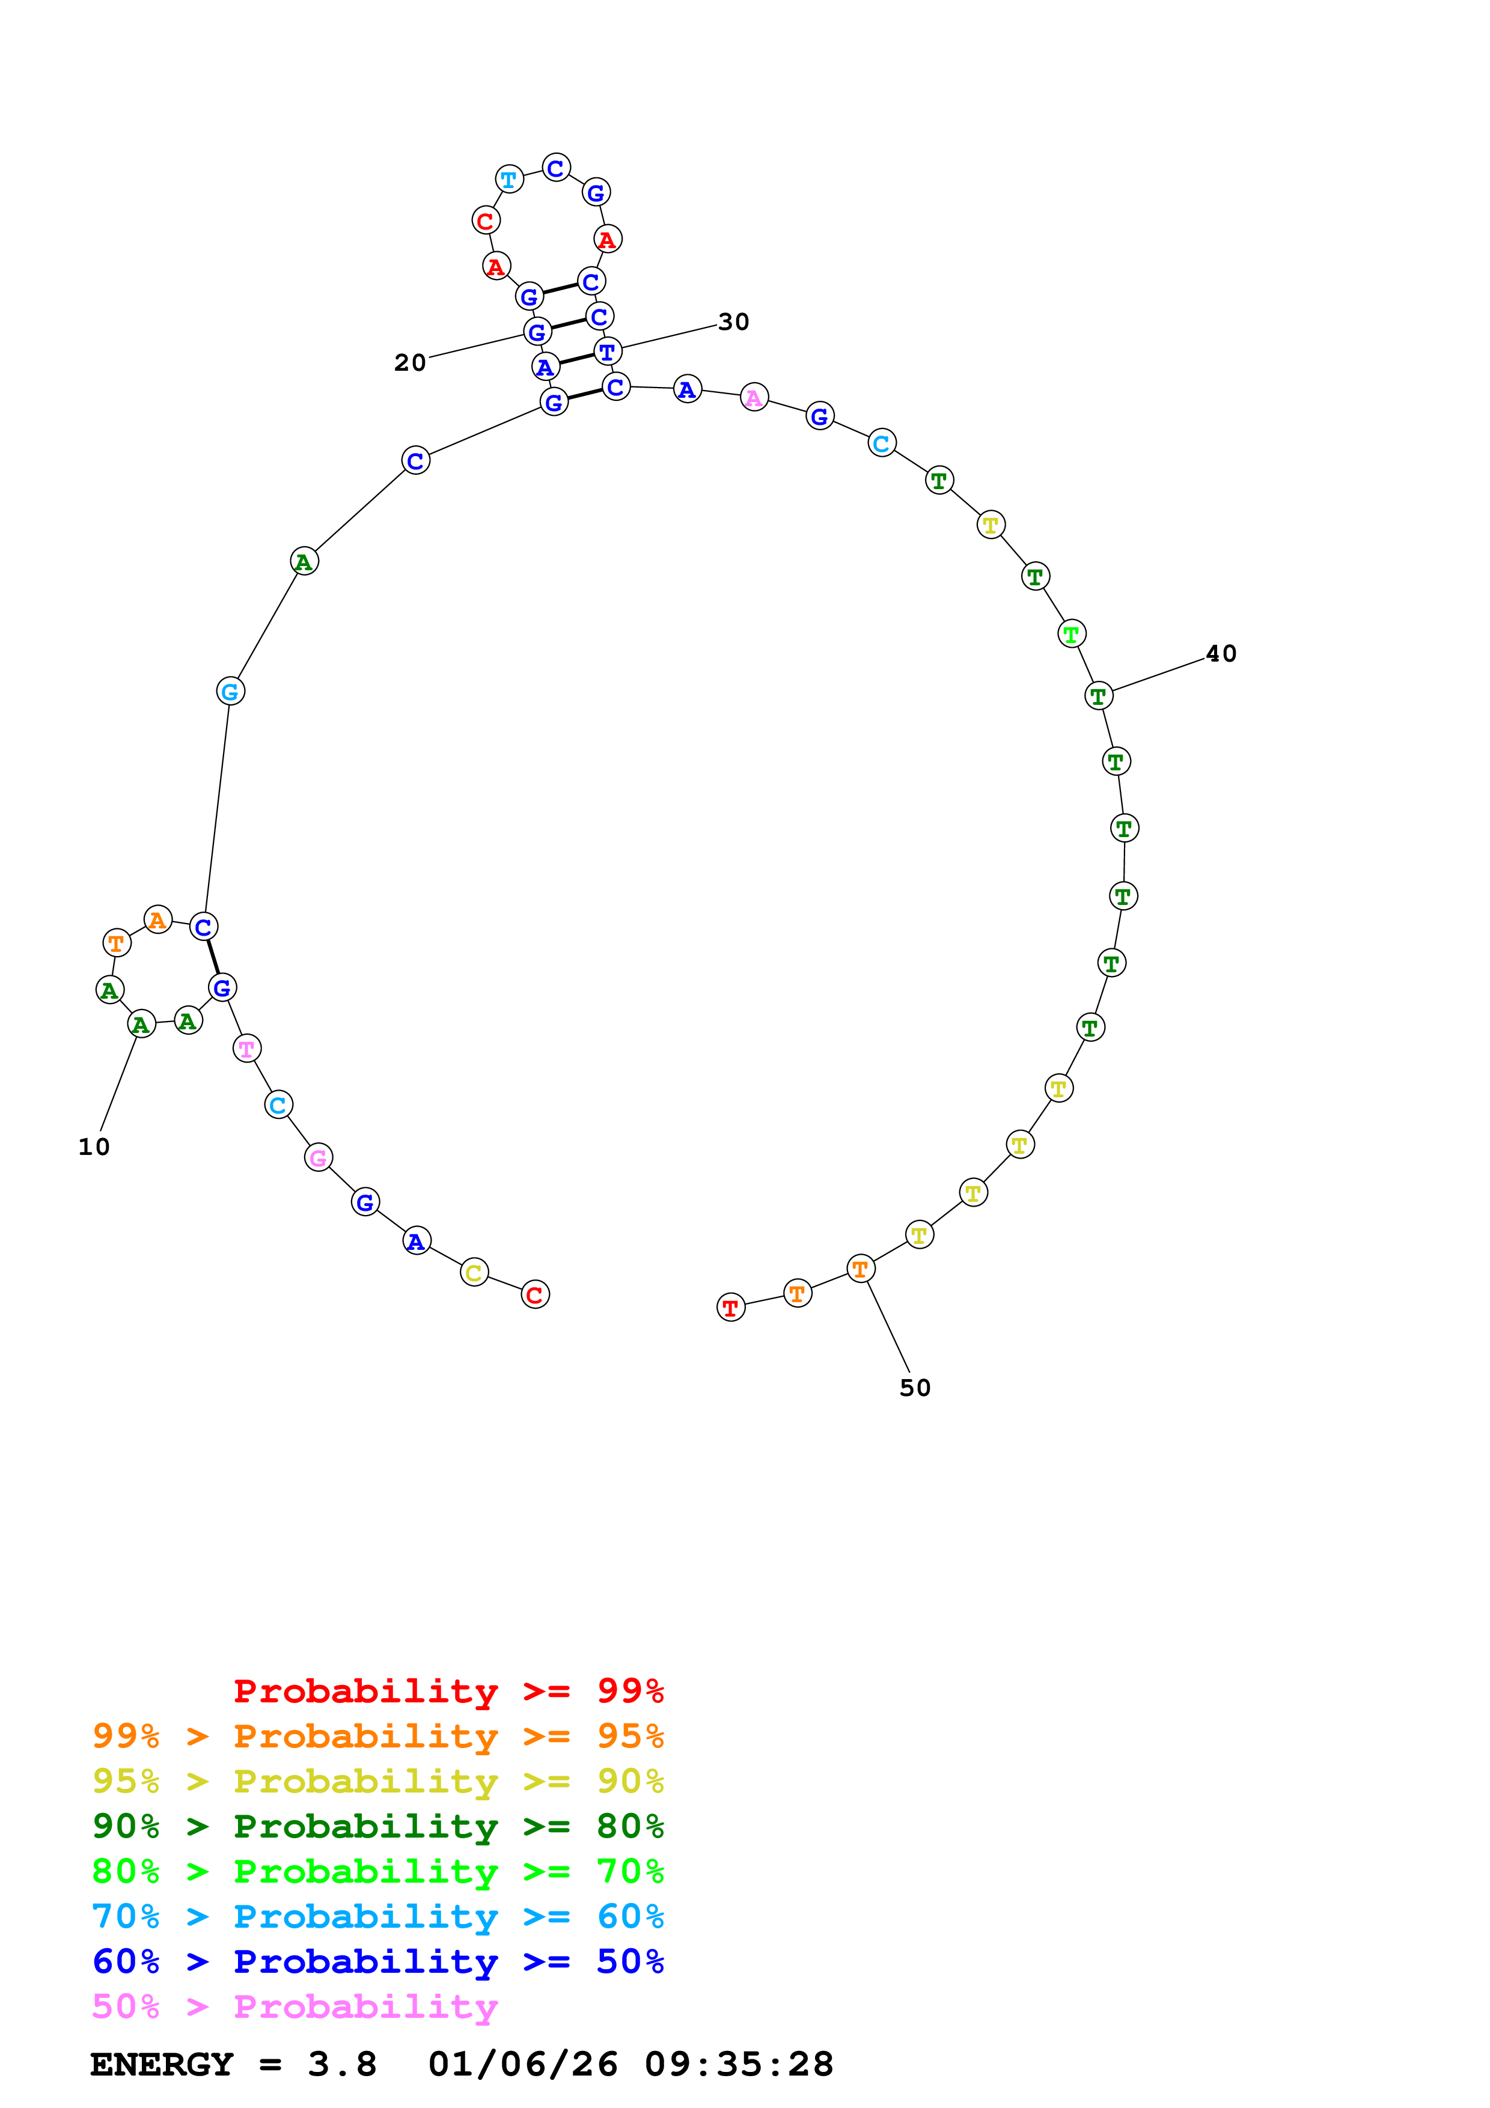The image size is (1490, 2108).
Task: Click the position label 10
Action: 94,1147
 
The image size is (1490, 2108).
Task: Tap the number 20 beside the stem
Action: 409,363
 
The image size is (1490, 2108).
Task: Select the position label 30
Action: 733,322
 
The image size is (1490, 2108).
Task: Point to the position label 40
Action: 1220,654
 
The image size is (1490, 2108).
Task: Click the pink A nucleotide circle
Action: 754,398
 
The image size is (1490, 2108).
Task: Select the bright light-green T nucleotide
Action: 1071,633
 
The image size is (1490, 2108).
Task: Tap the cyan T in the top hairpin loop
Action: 508,179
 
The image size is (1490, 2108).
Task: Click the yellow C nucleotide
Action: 474,1273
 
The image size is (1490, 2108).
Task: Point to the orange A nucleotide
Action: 158,919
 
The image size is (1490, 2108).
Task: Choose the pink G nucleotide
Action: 317,1158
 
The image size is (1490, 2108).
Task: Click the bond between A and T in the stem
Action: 576,359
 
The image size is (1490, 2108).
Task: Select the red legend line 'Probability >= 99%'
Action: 448,1690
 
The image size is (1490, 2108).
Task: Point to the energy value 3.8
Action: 341,2065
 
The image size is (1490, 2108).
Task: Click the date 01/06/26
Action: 522,2065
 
